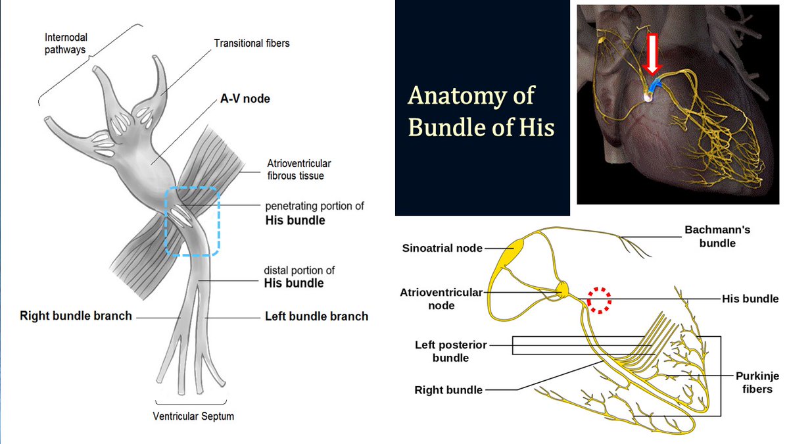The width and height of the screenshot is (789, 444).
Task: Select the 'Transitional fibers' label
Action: [x=252, y=43]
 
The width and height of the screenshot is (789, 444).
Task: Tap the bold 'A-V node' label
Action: [x=245, y=99]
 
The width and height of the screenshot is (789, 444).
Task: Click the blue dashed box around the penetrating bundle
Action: [x=191, y=220]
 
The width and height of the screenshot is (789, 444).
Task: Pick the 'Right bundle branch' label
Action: [x=76, y=316]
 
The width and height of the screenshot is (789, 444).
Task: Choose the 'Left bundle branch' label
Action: [x=316, y=316]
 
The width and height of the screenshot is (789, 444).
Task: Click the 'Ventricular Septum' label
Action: [x=193, y=416]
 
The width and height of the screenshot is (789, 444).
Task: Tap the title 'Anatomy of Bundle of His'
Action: [x=481, y=111]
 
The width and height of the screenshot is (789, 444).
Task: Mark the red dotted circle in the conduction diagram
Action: [x=599, y=299]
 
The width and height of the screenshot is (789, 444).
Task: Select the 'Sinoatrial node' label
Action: [x=442, y=249]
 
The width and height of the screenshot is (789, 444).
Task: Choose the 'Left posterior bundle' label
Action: [x=451, y=351]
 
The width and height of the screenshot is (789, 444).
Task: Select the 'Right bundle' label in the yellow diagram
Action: [x=448, y=390]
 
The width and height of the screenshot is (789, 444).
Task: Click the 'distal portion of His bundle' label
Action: [x=294, y=277]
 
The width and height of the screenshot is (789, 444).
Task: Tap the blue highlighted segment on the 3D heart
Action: [x=654, y=86]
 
